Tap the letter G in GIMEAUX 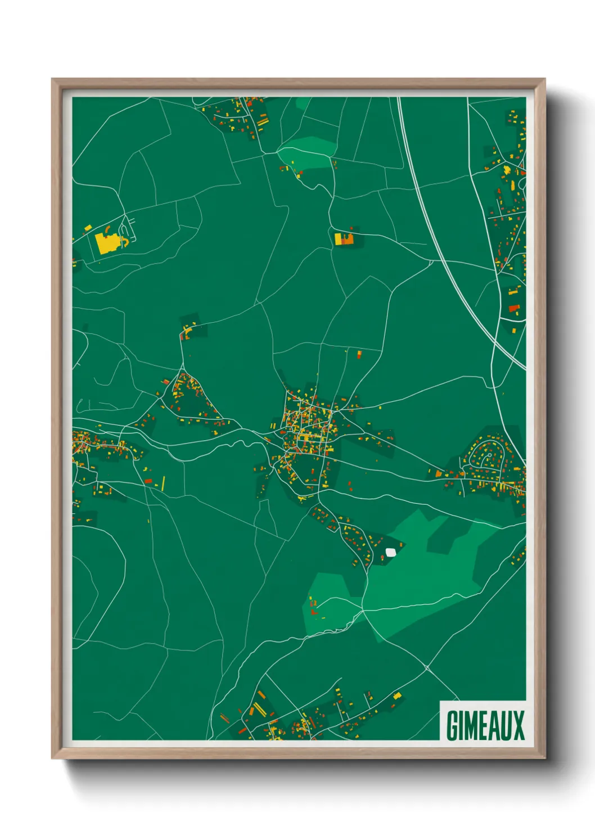[452, 725]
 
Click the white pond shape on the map [390, 552]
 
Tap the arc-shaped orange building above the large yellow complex [107, 229]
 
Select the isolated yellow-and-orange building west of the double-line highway [344, 239]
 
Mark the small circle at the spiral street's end [489, 455]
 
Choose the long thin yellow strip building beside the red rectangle [164, 482]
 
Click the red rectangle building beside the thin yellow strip [148, 481]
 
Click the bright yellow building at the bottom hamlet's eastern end [397, 696]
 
